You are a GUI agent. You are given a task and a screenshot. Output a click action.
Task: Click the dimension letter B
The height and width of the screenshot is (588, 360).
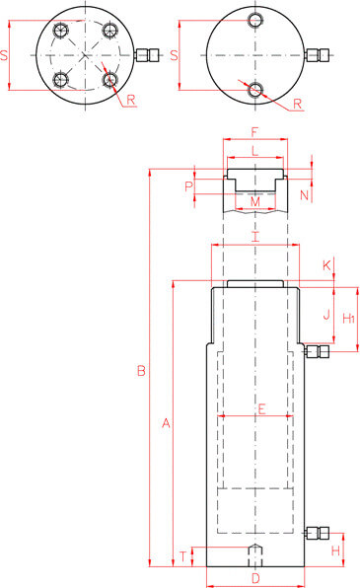[x=141, y=371]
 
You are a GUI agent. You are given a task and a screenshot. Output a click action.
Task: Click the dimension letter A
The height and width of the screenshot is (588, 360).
[x=166, y=423]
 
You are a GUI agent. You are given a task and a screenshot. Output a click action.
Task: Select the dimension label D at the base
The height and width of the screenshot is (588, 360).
[x=255, y=578]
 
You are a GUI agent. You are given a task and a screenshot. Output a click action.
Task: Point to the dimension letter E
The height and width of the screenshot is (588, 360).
[x=261, y=408]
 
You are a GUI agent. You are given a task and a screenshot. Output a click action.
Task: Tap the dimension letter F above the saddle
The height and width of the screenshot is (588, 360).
[x=254, y=132]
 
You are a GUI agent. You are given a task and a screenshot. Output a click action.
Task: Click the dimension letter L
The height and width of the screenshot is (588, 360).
[x=255, y=151]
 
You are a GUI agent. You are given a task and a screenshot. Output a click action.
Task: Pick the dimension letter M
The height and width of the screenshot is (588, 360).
[x=255, y=201]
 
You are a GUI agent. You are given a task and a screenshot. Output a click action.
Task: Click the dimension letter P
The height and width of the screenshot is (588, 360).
[x=189, y=186]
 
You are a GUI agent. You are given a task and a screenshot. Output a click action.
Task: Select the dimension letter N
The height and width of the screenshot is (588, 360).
[x=304, y=195]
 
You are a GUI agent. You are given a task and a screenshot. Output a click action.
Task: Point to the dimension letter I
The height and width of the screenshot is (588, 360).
[x=255, y=237]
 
